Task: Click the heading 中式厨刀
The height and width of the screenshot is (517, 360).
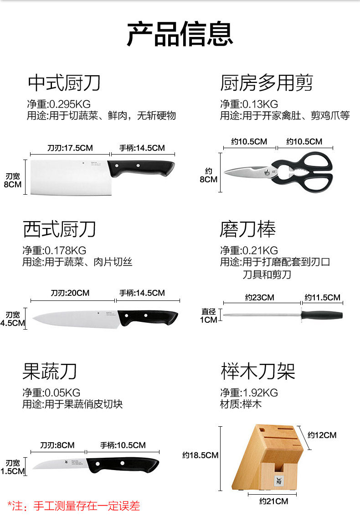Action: (x=64, y=83)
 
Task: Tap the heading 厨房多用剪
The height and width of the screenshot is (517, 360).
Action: (x=267, y=83)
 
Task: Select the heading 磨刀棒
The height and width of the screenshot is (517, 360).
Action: (x=247, y=229)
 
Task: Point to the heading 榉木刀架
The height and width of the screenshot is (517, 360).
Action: (x=258, y=371)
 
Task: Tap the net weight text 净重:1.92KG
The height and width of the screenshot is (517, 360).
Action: (x=249, y=393)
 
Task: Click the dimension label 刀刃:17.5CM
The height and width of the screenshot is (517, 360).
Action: (x=70, y=148)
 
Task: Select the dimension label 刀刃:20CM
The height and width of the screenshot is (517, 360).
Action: (x=70, y=293)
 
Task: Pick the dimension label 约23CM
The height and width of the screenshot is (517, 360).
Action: (x=259, y=297)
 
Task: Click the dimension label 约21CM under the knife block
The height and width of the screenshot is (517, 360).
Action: (x=273, y=501)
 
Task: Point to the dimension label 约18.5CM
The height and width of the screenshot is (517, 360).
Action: (x=200, y=455)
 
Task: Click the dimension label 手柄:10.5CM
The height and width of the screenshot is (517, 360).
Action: (x=123, y=445)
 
